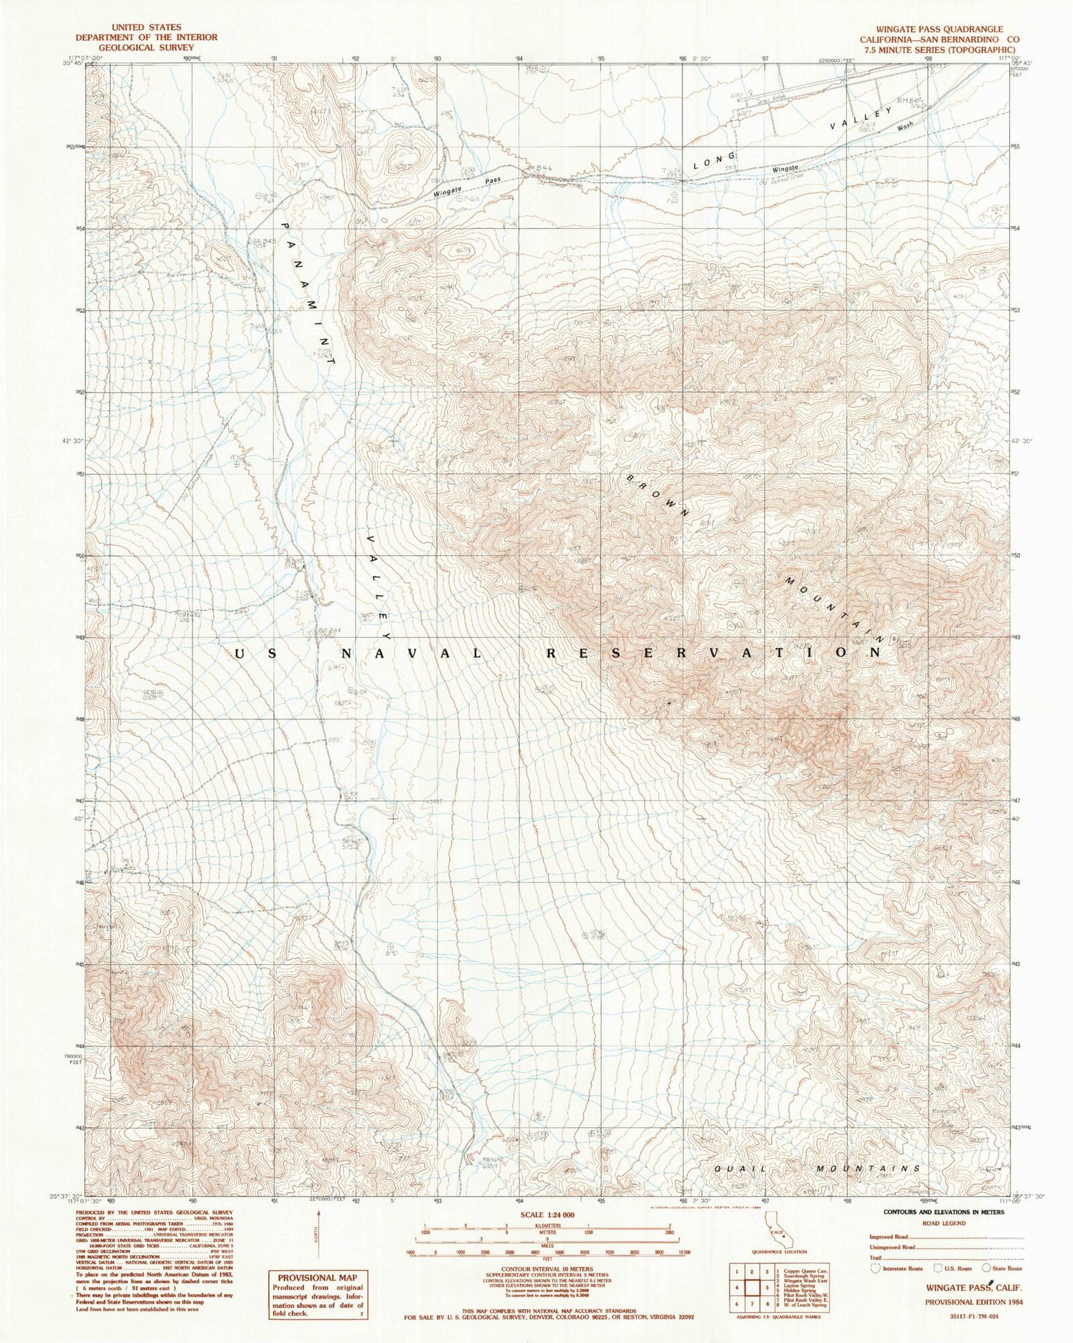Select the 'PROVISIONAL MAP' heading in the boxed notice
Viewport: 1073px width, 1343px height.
tap(317, 1277)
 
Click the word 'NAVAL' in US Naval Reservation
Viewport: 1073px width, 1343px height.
tap(403, 653)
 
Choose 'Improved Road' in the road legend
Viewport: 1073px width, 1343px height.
tap(888, 1236)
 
